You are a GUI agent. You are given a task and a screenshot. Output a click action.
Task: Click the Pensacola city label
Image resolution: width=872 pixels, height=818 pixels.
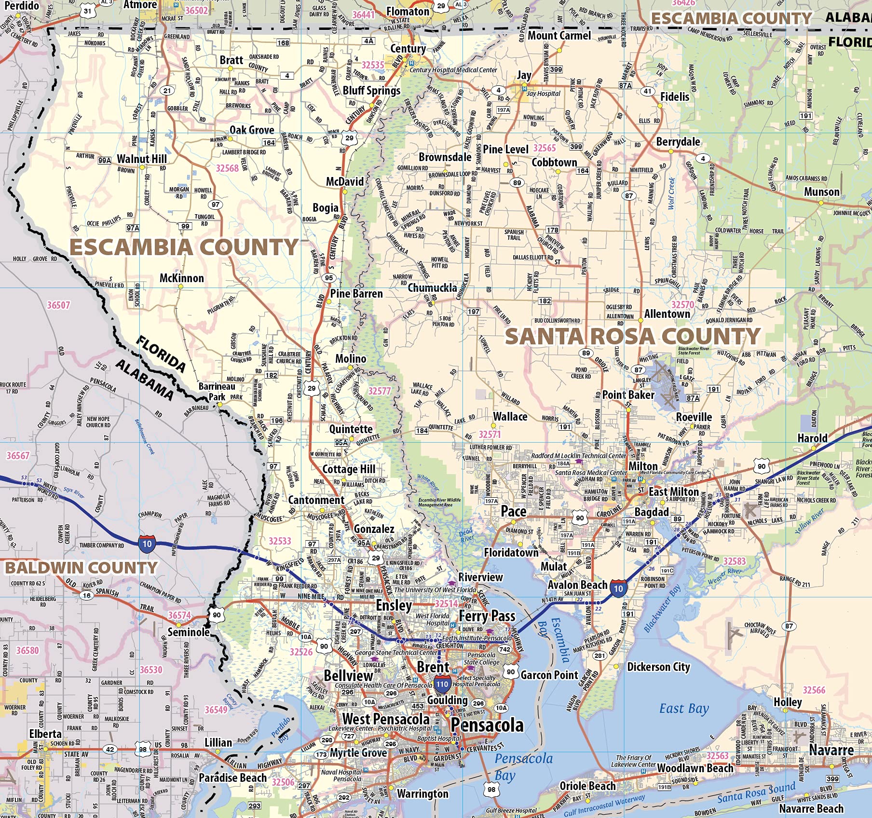coord(487,725)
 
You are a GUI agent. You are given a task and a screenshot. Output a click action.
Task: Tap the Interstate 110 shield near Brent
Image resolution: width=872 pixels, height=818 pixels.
coord(442,683)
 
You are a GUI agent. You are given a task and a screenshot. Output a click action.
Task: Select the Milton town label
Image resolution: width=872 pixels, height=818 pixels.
coord(642,466)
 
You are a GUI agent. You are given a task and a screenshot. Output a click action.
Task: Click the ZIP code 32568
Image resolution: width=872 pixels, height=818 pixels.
coord(227,168)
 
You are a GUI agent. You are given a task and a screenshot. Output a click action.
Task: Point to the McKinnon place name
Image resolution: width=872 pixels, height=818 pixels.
coord(182,278)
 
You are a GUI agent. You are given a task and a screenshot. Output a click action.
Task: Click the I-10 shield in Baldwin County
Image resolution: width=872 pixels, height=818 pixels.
coord(147,544)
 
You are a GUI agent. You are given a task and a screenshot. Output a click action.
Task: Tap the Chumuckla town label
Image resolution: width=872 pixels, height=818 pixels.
coord(432,288)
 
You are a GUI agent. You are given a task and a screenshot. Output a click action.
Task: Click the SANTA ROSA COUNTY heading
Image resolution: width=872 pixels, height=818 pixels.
coord(632,336)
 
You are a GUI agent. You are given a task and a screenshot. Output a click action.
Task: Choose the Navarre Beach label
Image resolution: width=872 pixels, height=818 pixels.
coord(811,808)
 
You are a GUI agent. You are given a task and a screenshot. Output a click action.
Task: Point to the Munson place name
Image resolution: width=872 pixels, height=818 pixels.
coord(821,192)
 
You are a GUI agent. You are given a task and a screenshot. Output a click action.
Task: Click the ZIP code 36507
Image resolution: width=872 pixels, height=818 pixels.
coord(58,305)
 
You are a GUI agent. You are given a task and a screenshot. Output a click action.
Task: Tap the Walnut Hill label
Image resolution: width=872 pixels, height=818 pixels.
coord(142,159)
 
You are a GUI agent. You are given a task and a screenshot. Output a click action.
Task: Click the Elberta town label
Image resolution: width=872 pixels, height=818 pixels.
coord(45,734)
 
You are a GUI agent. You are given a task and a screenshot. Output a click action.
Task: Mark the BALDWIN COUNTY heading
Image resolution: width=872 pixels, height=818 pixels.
coord(81,568)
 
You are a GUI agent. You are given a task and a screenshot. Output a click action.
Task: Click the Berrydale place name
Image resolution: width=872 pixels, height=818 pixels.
coord(678,142)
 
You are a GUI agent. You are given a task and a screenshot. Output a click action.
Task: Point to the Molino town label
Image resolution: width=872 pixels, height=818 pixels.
coord(351,359)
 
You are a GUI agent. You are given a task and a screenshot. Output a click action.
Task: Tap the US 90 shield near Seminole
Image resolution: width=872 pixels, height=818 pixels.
coord(217,614)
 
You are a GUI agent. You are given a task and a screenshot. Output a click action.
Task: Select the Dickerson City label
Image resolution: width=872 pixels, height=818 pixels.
coord(658,667)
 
